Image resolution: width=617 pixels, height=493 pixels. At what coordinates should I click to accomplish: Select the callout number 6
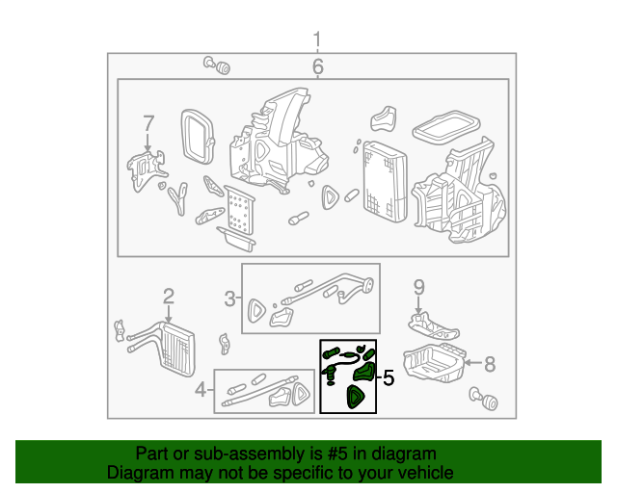point(317,66)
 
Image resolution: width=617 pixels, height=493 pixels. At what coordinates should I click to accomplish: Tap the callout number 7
point(148,123)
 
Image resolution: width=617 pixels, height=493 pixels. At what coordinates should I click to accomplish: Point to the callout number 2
point(168,296)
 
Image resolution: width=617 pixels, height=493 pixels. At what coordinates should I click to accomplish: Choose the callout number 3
point(230,298)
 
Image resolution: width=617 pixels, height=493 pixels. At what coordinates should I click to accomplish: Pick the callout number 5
point(389,378)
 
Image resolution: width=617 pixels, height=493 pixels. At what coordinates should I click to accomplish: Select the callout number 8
point(489,363)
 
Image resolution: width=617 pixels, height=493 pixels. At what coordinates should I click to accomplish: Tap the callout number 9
point(418,286)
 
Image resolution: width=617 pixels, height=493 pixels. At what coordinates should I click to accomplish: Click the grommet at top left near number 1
point(221,65)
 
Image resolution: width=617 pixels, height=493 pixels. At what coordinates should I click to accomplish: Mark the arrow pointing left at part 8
point(471,363)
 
